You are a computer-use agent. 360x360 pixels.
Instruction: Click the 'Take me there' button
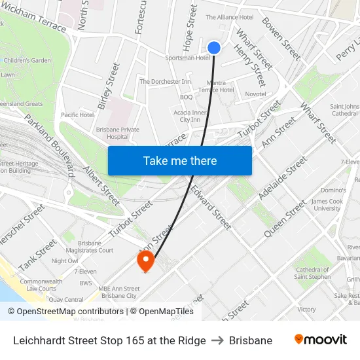pos(180,161)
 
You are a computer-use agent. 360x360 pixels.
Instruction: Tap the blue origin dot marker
pos(214,47)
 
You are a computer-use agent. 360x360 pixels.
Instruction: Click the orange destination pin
pos(145,261)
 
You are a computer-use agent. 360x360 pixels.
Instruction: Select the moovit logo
pos(320,340)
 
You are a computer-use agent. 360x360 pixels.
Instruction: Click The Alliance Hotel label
pos(230,17)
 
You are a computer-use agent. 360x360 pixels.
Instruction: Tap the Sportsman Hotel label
pos(188,58)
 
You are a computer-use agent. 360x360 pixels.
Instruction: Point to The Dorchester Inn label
pos(165,82)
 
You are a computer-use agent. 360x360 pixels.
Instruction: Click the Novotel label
pos(255,94)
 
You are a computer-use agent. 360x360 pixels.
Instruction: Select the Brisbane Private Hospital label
pos(118,133)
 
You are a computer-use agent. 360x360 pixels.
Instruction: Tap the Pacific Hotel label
pos(77,115)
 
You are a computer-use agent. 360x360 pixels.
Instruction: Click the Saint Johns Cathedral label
pos(344,110)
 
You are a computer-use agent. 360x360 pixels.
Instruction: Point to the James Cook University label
pos(327,205)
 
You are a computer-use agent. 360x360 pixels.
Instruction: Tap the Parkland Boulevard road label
pos(50,146)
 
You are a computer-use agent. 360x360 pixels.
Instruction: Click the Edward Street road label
pos(211,207)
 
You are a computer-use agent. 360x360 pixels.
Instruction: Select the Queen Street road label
pos(285,219)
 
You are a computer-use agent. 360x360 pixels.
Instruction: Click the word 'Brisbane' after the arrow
pos(251,340)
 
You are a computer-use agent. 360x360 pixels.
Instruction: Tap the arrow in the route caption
pos(217,340)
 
